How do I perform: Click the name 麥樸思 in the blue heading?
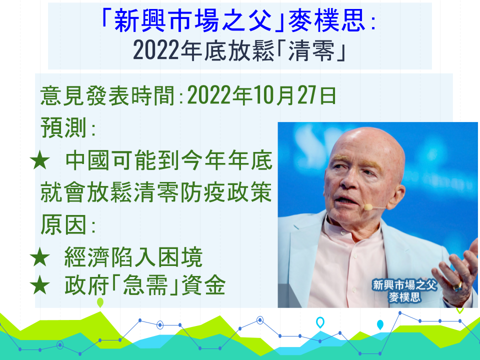[x=326, y=21]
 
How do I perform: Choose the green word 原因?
[x=63, y=224]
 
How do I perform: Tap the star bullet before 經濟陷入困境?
[x=40, y=257]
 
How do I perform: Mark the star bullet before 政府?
[x=40, y=285]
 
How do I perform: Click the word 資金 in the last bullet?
[x=203, y=285]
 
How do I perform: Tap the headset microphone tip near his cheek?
[x=368, y=207]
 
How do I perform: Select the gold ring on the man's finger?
[x=457, y=286]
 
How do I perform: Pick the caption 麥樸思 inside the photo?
[x=404, y=297]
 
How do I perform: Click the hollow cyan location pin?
[x=320, y=322]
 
